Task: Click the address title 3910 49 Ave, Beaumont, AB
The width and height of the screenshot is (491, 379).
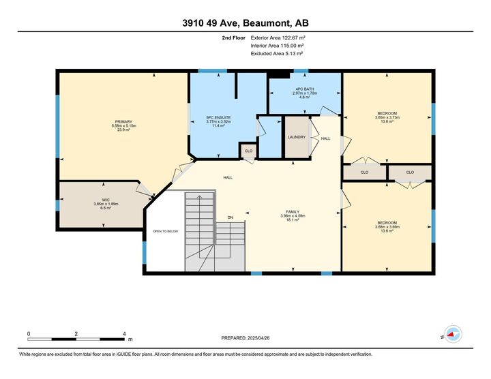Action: [245, 23]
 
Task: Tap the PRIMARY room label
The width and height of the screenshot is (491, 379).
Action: [123, 121]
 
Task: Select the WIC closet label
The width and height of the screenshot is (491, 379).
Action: [106, 199]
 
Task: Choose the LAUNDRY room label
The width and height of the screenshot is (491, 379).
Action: [296, 137]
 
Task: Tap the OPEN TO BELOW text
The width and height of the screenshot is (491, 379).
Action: [165, 231]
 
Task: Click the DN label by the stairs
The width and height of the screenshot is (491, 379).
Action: [230, 217]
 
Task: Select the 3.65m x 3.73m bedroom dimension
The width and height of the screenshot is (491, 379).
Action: [387, 117]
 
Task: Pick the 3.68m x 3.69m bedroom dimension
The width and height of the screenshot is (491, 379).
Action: [387, 227]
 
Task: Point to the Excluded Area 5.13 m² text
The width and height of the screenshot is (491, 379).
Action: [277, 52]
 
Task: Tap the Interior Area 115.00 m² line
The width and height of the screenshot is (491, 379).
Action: [277, 46]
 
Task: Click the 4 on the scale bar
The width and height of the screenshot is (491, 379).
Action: [124, 334]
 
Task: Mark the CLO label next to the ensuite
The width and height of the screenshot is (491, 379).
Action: [248, 150]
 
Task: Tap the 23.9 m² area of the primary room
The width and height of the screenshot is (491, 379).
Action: [123, 130]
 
